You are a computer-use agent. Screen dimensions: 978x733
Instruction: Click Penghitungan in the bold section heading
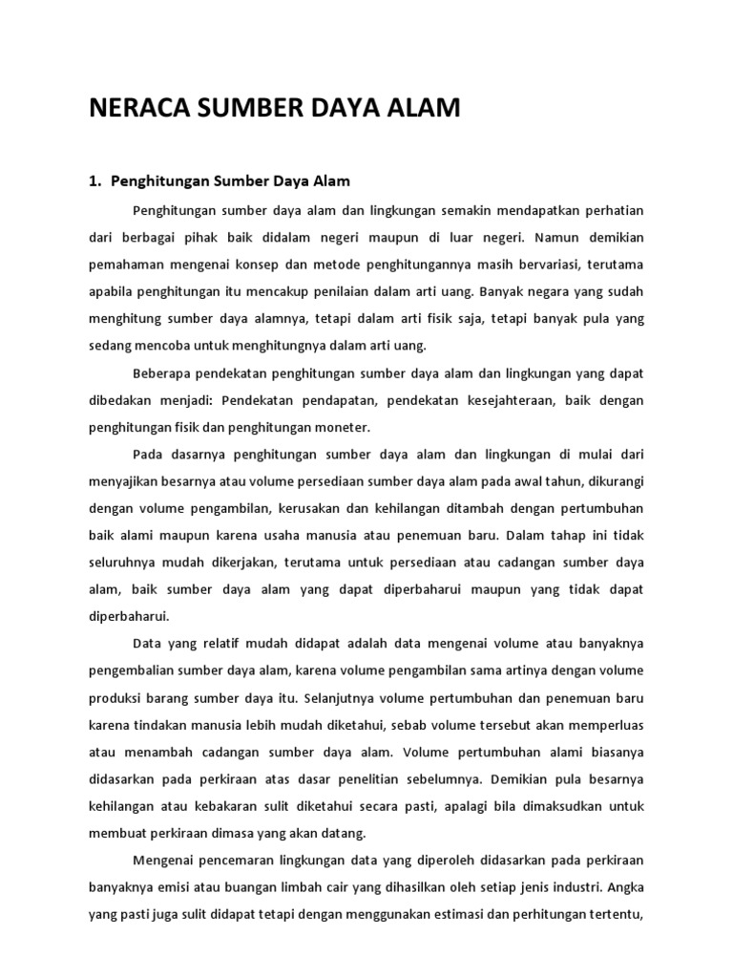(157, 180)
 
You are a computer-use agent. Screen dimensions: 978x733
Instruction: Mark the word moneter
(340, 427)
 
